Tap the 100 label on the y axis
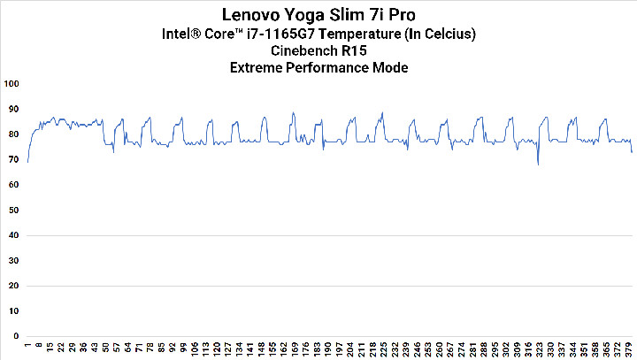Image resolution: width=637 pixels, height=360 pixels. pyautogui.click(x=12, y=84)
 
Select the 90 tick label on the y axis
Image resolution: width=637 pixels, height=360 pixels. pyautogui.click(x=13, y=109)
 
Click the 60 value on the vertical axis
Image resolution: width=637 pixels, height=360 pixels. pyautogui.click(x=13, y=185)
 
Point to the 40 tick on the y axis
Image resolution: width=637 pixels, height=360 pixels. pyautogui.click(x=13, y=236)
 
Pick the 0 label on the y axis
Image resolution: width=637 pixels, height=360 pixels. pyautogui.click(x=16, y=337)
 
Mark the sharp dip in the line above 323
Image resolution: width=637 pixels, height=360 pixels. pyautogui.click(x=538, y=164)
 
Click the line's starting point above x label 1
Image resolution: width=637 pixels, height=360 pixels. pyautogui.click(x=28, y=162)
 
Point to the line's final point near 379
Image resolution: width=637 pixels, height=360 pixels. pyautogui.click(x=632, y=152)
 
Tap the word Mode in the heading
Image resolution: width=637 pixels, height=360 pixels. pyautogui.click(x=391, y=68)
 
